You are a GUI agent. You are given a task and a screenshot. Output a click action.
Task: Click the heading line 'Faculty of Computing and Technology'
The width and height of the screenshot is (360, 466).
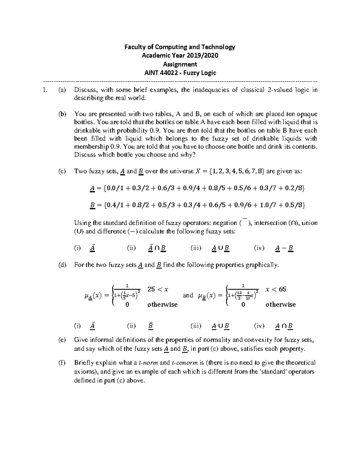click(x=180, y=47)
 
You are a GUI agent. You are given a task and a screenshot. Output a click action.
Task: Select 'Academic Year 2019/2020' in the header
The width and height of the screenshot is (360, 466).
click(x=180, y=56)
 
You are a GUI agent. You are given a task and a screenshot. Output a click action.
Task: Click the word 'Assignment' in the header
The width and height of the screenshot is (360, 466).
click(x=180, y=64)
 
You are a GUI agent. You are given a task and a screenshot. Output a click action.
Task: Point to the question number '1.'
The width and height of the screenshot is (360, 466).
click(x=45, y=90)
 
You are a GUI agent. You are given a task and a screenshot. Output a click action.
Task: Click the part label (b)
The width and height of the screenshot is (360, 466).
click(x=62, y=114)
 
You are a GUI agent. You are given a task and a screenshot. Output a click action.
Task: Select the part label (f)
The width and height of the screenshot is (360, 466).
click(x=62, y=363)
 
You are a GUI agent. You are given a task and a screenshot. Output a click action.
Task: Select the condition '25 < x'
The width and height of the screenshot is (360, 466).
click(x=158, y=289)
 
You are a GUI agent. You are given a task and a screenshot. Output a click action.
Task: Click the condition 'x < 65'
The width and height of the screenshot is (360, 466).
click(x=276, y=289)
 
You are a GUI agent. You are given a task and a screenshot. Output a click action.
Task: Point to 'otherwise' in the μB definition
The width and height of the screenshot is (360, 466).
click(x=280, y=305)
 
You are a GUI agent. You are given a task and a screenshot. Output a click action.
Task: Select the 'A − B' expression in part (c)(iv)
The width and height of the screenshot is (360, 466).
click(x=284, y=248)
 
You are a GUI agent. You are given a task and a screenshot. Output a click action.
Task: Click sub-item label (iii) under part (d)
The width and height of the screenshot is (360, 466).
click(x=196, y=326)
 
